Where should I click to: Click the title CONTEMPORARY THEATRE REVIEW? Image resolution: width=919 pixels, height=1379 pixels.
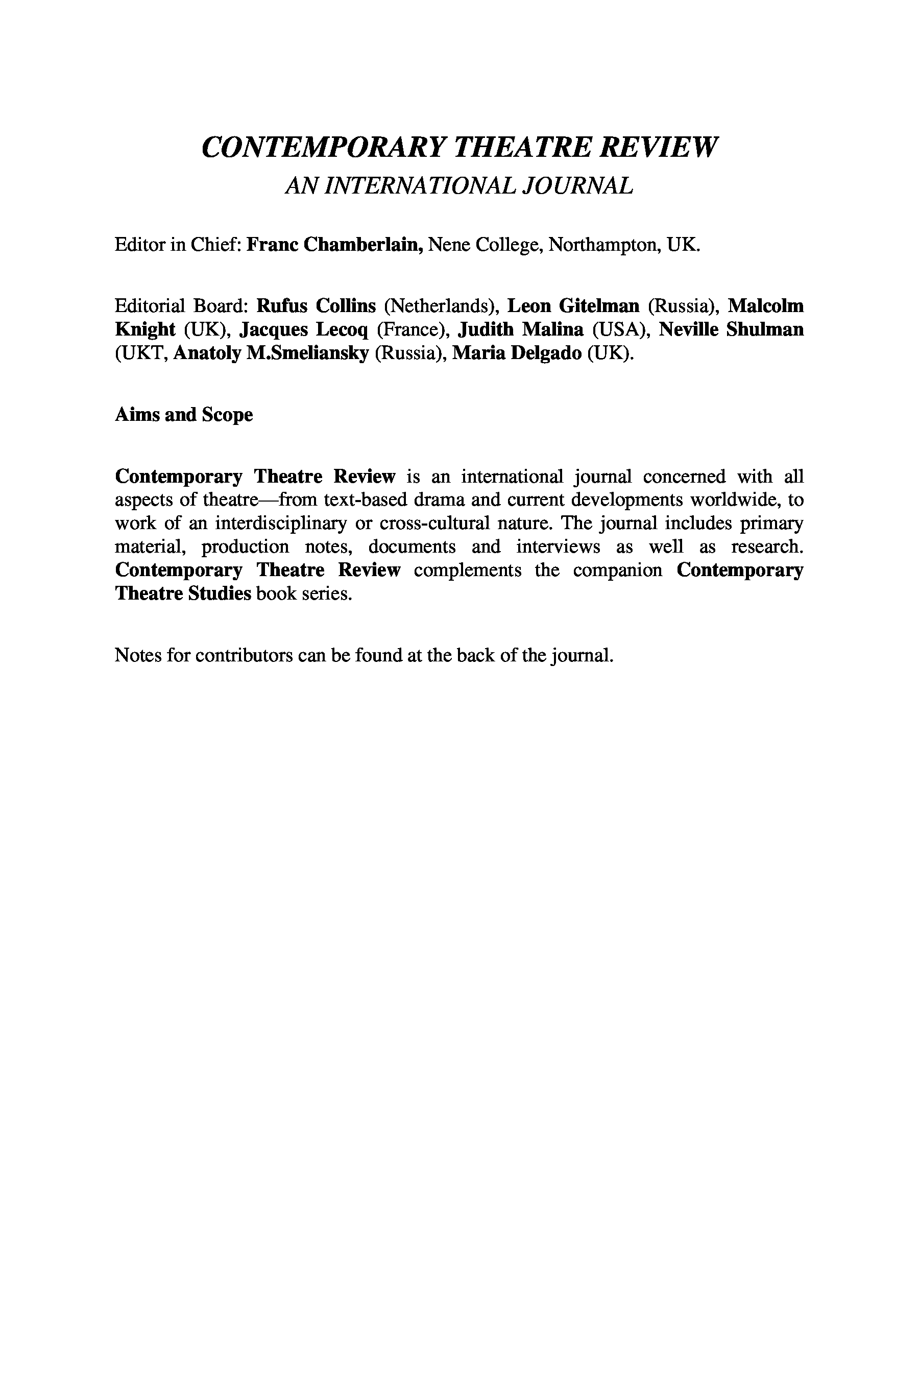pyautogui.click(x=459, y=147)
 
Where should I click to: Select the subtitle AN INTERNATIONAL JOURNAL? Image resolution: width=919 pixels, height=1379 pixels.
pyautogui.click(x=459, y=186)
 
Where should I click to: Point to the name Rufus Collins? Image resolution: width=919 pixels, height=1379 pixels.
pyautogui.click(x=316, y=306)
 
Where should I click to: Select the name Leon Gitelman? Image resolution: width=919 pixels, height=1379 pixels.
pyautogui.click(x=573, y=306)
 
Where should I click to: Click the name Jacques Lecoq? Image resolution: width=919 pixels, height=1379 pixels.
pyautogui.click(x=304, y=330)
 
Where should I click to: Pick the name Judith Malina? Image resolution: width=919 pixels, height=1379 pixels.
pyautogui.click(x=520, y=330)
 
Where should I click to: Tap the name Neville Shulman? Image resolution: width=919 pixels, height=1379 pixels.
pyautogui.click(x=731, y=330)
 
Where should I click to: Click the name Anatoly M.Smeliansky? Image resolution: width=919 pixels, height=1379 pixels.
pyautogui.click(x=271, y=354)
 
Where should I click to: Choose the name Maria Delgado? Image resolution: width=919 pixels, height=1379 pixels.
pyautogui.click(x=517, y=354)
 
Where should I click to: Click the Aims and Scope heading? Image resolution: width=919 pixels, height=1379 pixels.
pyautogui.click(x=183, y=415)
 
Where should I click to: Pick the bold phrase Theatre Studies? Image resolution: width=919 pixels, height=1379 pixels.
pyautogui.click(x=183, y=594)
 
